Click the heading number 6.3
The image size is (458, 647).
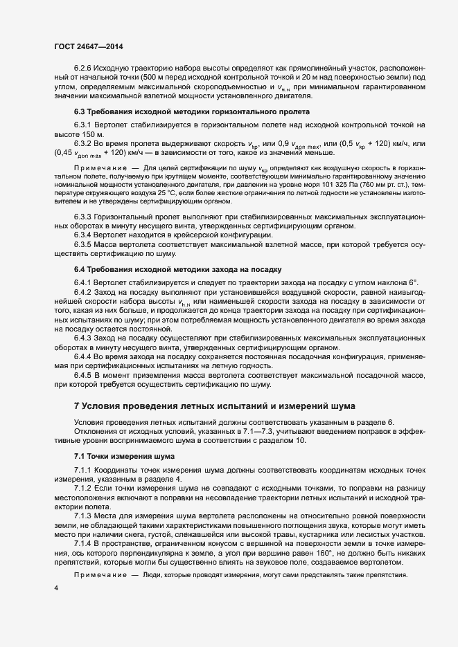tap(79, 111)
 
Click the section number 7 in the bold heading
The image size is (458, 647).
tap(77, 405)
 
